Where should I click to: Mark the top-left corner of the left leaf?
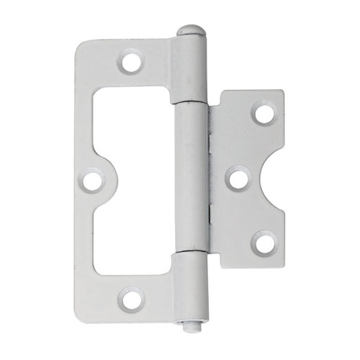[x=79, y=42]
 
